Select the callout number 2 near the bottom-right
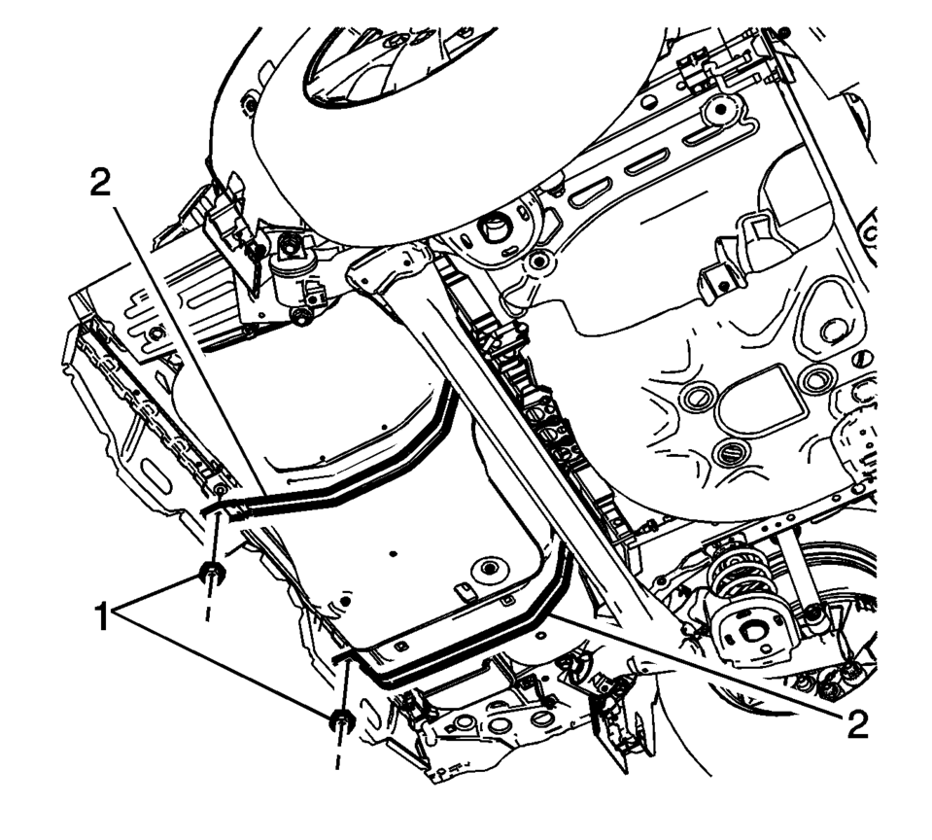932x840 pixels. click(x=854, y=723)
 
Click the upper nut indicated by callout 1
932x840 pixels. click(x=211, y=574)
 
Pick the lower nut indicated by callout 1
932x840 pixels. click(x=341, y=720)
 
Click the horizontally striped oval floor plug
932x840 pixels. click(x=731, y=454)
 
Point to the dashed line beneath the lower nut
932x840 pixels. click(x=338, y=753)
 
